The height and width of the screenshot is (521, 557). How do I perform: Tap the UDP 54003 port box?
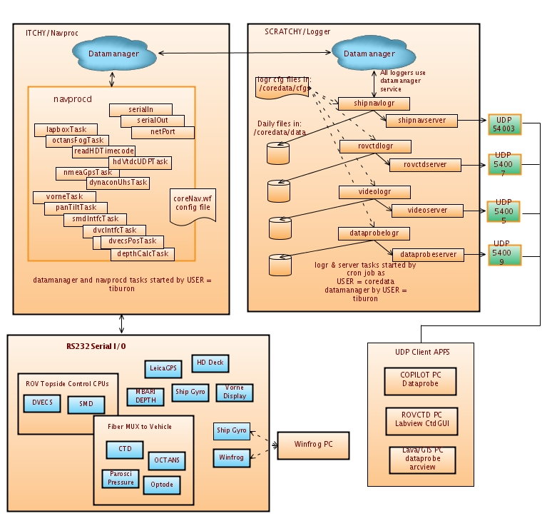click(x=505, y=123)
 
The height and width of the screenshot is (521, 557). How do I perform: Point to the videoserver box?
click(x=427, y=211)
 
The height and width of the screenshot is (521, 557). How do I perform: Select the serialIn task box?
click(x=141, y=109)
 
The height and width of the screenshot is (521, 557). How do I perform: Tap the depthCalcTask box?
click(x=143, y=253)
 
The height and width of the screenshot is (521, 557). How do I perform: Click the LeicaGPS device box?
click(x=163, y=368)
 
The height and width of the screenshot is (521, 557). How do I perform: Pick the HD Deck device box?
click(x=210, y=363)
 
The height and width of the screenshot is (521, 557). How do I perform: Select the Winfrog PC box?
click(x=314, y=445)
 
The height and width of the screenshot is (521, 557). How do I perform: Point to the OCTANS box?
click(x=167, y=460)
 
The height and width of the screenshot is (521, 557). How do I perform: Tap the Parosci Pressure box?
click(x=121, y=477)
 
